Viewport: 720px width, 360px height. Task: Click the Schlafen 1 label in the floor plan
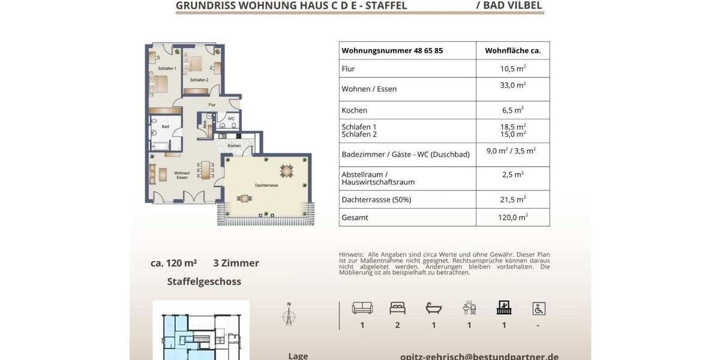tap(167, 69)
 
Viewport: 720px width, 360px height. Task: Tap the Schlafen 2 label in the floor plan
tap(199, 80)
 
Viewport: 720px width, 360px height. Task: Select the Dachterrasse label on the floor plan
tap(266, 185)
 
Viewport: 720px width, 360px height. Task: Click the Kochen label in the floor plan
tap(234, 146)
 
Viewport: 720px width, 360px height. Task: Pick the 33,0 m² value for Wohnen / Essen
tap(512, 85)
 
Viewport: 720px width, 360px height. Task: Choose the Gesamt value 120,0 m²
tap(512, 217)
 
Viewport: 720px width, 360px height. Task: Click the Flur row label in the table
tap(348, 69)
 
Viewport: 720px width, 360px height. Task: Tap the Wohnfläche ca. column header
tap(512, 51)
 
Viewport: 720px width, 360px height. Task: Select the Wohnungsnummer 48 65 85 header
tap(392, 51)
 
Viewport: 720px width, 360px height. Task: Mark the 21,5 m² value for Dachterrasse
tap(512, 199)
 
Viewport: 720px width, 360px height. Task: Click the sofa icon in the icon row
tap(362, 308)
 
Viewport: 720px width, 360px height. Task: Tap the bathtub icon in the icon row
tap(433, 308)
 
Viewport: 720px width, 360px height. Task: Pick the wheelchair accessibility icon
tap(538, 308)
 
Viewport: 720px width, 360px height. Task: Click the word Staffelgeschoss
tap(204, 281)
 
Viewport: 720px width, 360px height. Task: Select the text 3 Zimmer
tap(236, 263)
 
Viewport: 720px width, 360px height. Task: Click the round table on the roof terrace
tap(287, 171)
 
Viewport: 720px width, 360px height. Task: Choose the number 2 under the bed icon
tap(397, 325)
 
